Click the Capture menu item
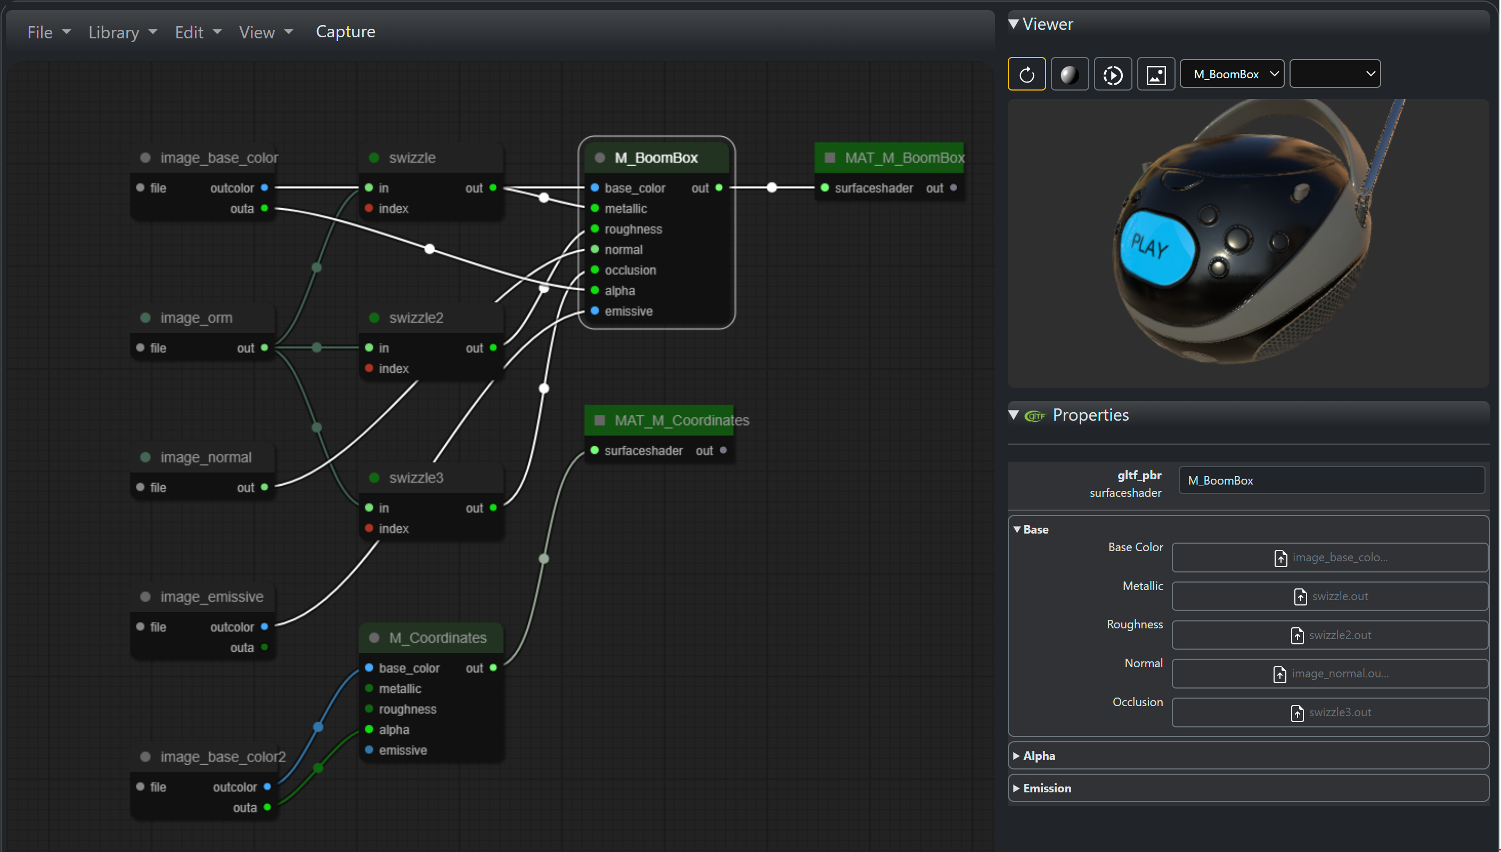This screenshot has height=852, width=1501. point(345,31)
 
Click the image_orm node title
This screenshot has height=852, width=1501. point(196,318)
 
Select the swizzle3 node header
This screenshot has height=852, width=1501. point(416,478)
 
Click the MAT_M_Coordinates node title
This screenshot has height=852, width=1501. point(681,420)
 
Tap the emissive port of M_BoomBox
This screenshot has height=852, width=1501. point(595,311)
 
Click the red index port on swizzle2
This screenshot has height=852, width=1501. point(369,368)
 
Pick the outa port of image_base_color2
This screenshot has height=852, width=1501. point(267,807)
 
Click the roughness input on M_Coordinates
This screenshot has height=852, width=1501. point(369,709)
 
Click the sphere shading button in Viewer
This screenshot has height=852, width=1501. point(1069,75)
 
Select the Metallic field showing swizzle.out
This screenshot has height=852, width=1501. point(1329,596)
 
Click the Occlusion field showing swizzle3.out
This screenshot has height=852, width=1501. point(1329,712)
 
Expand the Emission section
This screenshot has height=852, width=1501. point(1047,788)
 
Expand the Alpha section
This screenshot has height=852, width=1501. point(1039,756)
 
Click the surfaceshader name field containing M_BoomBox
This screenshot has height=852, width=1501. point(1331,480)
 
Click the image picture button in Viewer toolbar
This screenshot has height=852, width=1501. point(1156,75)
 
